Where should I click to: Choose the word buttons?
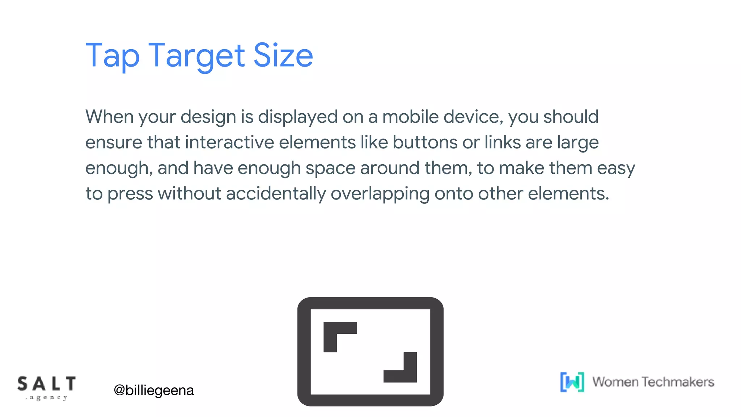425,142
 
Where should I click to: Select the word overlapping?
380,194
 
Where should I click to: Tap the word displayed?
297,117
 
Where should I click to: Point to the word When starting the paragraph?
110,117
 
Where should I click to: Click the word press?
130,194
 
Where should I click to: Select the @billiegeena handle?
154,390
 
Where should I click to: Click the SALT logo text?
47,384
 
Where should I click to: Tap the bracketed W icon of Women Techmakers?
572,382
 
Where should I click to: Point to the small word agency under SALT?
47,398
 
